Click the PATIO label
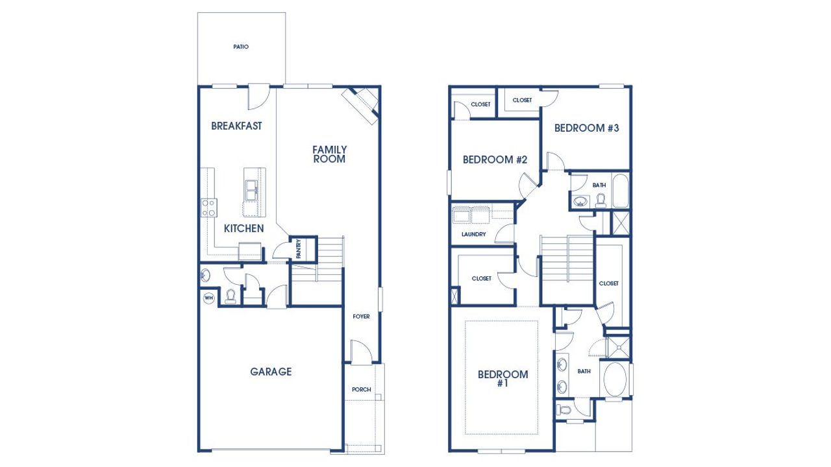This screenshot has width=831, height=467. (x=241, y=47)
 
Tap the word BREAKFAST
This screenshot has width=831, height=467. (x=236, y=126)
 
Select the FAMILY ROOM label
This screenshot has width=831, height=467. (x=329, y=154)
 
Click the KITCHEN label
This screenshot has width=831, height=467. (x=243, y=228)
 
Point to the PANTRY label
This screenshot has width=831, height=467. (x=298, y=250)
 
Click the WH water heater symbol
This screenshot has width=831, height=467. (x=208, y=298)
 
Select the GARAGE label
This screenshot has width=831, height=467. (x=271, y=372)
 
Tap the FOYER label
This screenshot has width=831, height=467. (x=361, y=317)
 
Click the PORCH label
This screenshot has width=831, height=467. (x=361, y=389)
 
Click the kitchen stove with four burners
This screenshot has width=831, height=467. (x=209, y=208)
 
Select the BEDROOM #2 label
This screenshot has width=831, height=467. (x=494, y=160)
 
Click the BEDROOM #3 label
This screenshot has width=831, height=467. (x=586, y=128)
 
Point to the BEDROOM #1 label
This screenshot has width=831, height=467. (x=502, y=379)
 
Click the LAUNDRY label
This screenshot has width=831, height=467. (x=473, y=234)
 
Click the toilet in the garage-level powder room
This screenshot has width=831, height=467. (x=230, y=296)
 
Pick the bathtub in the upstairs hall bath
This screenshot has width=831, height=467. (x=620, y=190)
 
